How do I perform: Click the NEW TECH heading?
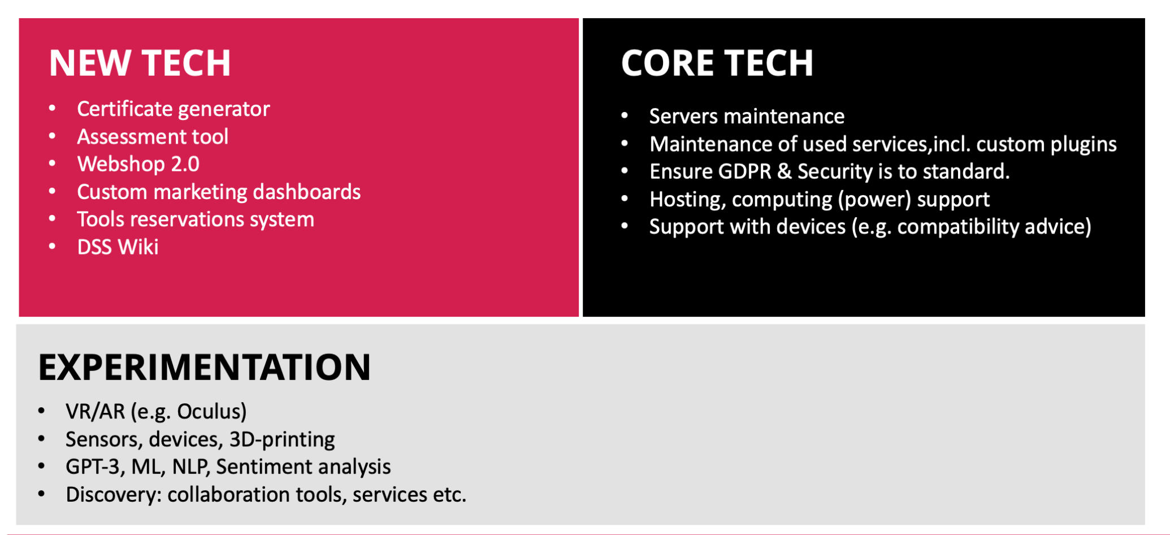(x=140, y=63)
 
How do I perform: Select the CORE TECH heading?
(x=717, y=63)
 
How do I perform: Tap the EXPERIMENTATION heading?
(x=204, y=368)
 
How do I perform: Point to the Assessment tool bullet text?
(x=153, y=136)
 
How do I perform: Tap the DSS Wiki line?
(x=118, y=247)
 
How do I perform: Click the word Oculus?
(x=209, y=411)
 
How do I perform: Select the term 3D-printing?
(x=282, y=439)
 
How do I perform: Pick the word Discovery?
(x=114, y=495)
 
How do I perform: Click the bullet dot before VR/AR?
(x=41, y=411)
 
